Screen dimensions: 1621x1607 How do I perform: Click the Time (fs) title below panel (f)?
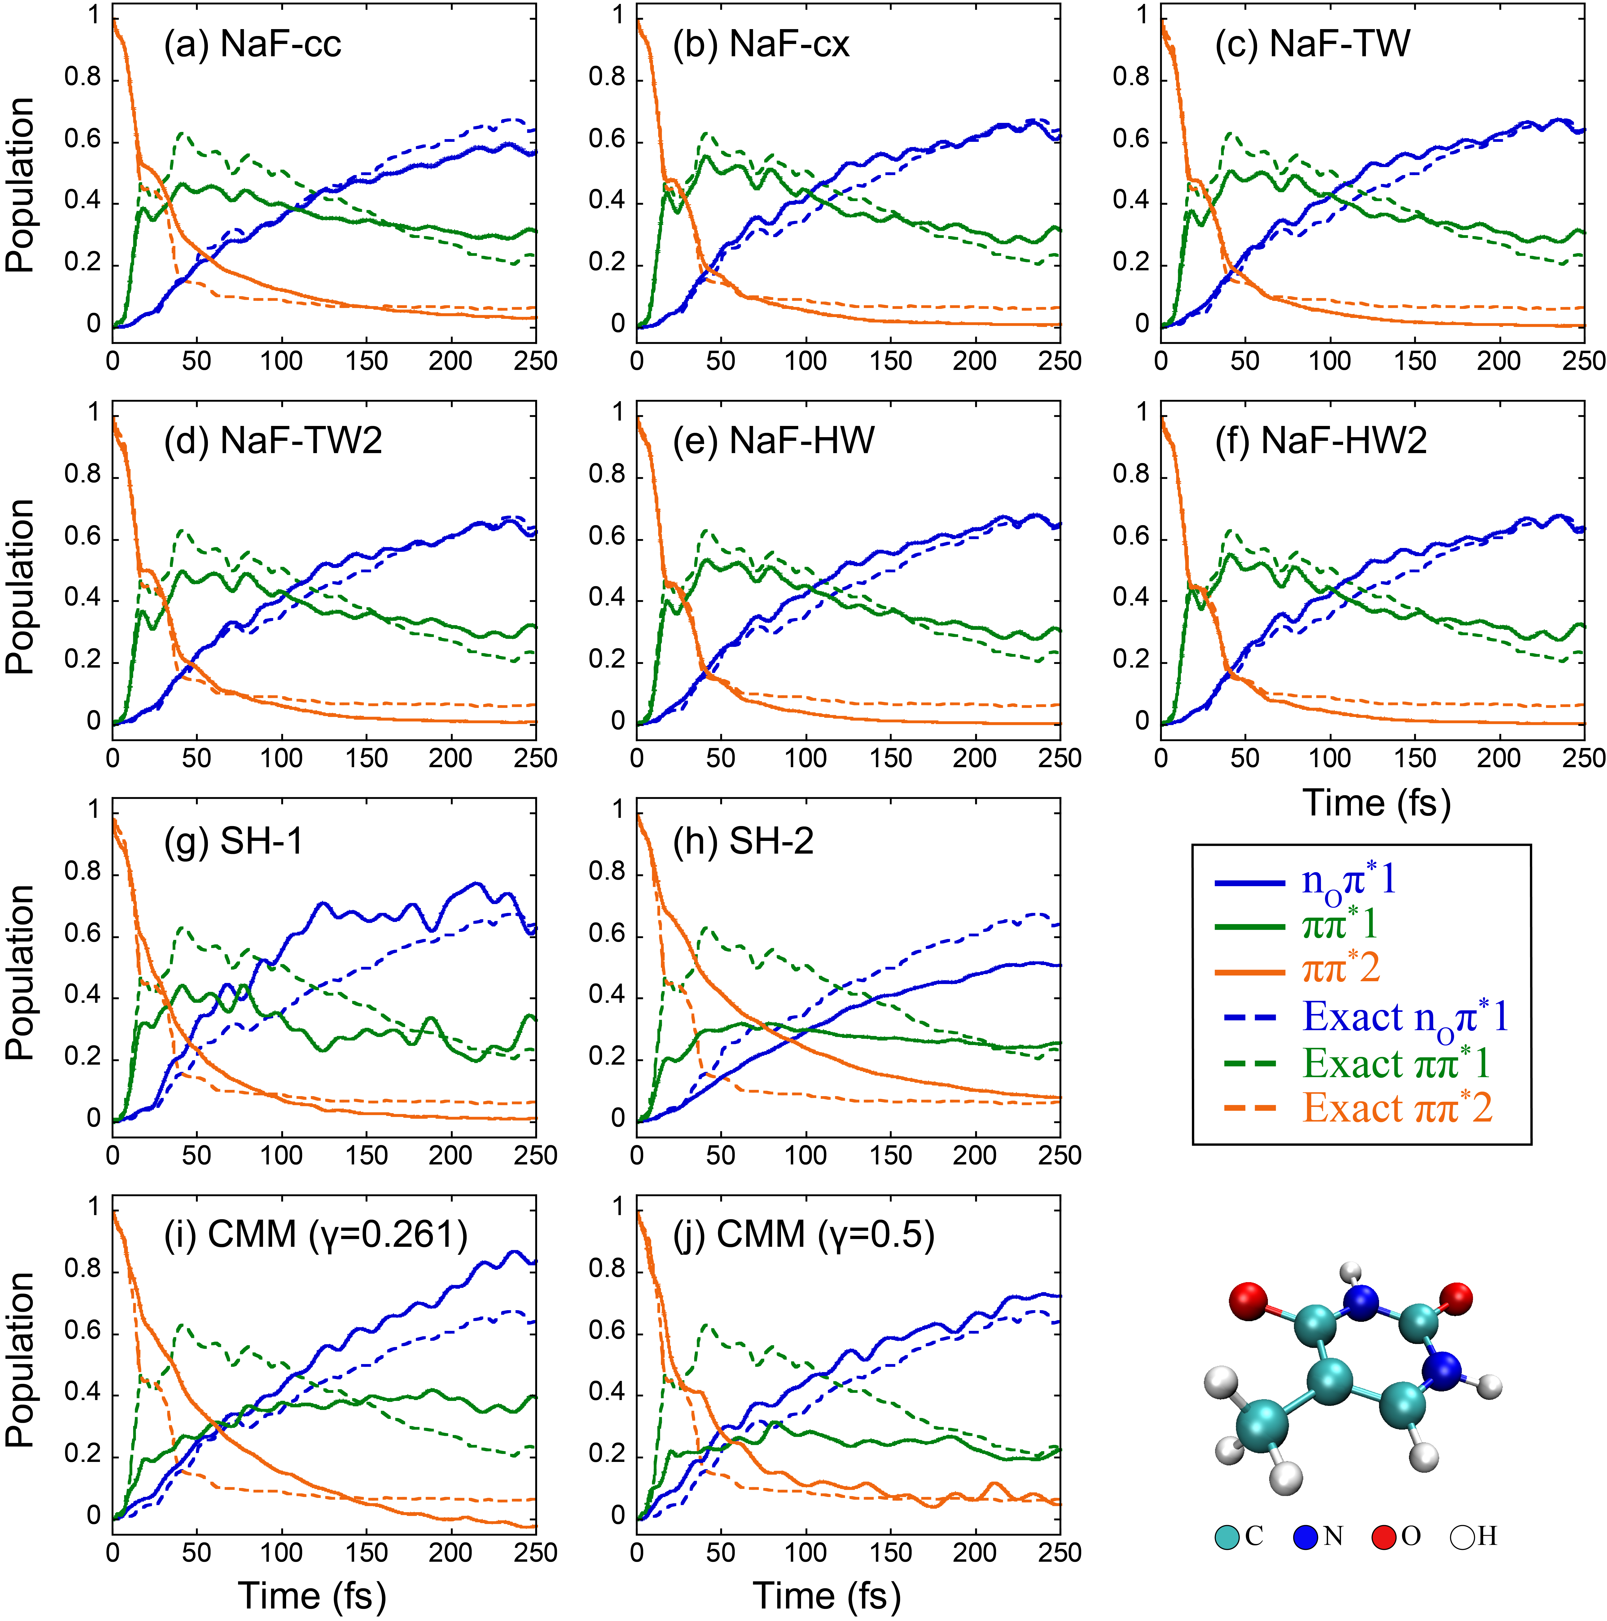tap(1376, 803)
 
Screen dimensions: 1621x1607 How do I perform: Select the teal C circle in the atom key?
tap(1227, 1537)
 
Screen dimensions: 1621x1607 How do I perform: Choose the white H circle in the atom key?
tap(1463, 1537)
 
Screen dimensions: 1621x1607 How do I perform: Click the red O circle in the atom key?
tap(1384, 1537)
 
